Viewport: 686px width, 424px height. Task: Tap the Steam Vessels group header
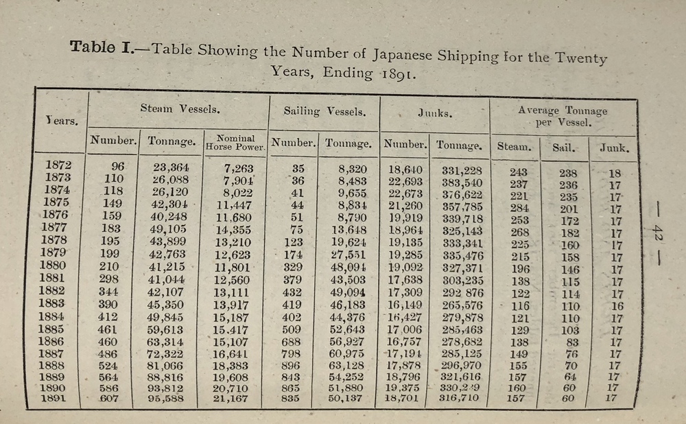180,108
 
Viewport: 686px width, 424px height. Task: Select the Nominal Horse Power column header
235,141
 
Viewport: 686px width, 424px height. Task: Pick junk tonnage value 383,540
460,182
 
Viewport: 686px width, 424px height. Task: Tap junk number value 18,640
405,169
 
